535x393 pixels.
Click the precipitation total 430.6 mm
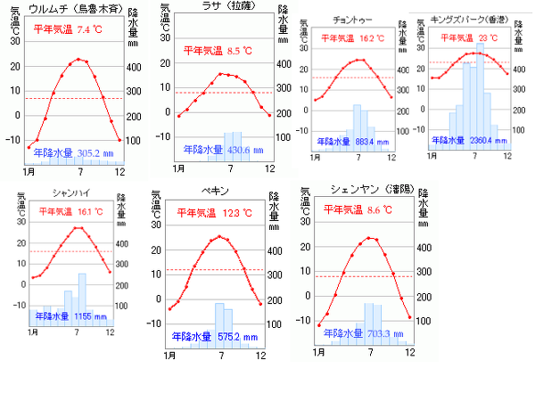click(245, 150)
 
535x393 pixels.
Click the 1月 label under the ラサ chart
click(178, 168)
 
